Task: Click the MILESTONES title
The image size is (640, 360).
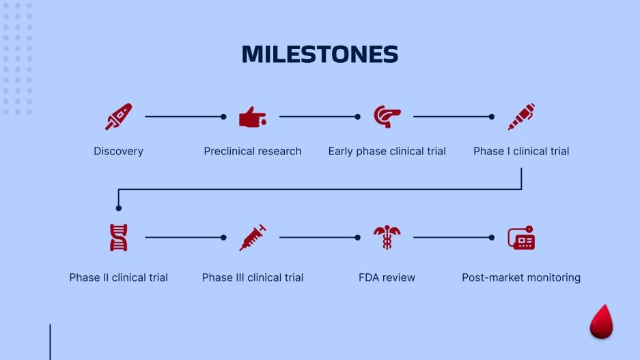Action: pyautogui.click(x=320, y=55)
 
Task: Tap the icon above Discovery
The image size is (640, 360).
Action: pyautogui.click(x=118, y=117)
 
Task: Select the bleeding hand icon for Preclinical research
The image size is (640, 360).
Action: pyautogui.click(x=252, y=117)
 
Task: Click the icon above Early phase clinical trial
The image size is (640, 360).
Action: pyautogui.click(x=387, y=117)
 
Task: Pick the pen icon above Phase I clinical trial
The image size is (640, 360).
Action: pyautogui.click(x=521, y=117)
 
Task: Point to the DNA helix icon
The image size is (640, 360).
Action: pyautogui.click(x=118, y=238)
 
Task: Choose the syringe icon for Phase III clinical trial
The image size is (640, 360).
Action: pyautogui.click(x=252, y=238)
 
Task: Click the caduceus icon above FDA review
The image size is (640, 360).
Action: pyautogui.click(x=387, y=238)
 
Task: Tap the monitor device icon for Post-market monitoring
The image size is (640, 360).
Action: pyautogui.click(x=521, y=238)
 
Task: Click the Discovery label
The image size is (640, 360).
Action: pyautogui.click(x=118, y=151)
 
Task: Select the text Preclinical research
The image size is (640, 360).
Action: pyautogui.click(x=252, y=151)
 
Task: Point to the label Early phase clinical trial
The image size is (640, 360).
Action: pyautogui.click(x=387, y=151)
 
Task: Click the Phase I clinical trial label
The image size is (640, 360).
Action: pyautogui.click(x=521, y=151)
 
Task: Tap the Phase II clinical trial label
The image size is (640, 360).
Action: pyautogui.click(x=118, y=277)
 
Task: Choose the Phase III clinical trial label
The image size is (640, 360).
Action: pyautogui.click(x=252, y=277)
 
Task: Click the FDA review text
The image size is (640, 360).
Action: pyautogui.click(x=387, y=277)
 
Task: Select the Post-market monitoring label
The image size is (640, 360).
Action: pyautogui.click(x=521, y=277)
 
